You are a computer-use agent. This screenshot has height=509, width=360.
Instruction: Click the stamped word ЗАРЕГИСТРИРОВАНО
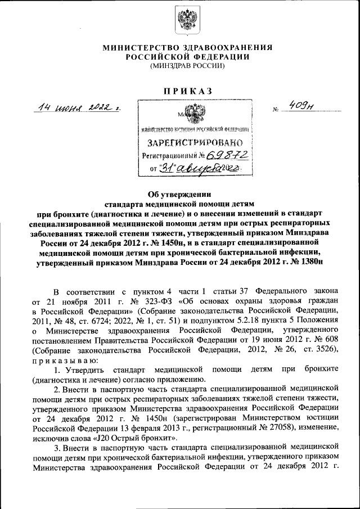click(x=193, y=142)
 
